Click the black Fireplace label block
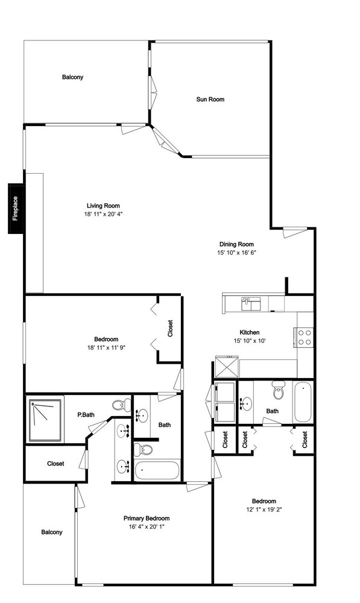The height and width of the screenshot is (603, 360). click(x=16, y=209)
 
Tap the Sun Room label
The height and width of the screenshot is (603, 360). click(x=210, y=99)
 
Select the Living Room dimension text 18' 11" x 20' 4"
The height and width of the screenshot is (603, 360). click(x=103, y=214)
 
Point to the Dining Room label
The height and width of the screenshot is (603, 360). click(x=236, y=244)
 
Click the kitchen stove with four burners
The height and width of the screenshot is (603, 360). click(x=304, y=337)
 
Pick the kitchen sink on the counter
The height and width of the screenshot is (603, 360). click(x=251, y=304)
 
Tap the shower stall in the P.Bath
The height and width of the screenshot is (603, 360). click(x=45, y=420)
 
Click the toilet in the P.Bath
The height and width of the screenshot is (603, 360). click(x=121, y=405)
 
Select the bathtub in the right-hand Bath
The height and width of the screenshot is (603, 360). click(x=303, y=402)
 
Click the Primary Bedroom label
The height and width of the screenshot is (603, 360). click(x=147, y=519)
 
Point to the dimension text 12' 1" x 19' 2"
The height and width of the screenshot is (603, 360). click(x=264, y=510)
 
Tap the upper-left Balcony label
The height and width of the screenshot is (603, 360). click(x=73, y=77)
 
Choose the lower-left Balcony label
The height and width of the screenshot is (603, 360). click(x=51, y=532)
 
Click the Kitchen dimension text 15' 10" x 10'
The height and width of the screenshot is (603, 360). click(x=250, y=341)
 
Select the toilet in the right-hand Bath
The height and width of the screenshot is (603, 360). click(x=277, y=390)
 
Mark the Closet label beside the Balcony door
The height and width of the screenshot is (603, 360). click(x=55, y=464)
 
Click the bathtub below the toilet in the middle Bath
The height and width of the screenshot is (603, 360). click(x=157, y=470)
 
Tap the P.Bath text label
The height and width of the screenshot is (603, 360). click(x=86, y=415)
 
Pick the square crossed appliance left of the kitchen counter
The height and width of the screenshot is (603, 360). click(x=227, y=367)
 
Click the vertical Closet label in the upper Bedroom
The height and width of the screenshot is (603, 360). click(x=171, y=329)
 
